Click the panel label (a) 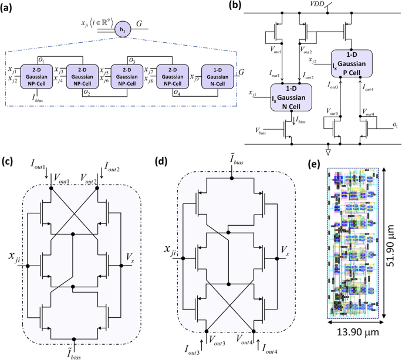(9, 7)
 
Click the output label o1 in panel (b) (396, 125)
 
